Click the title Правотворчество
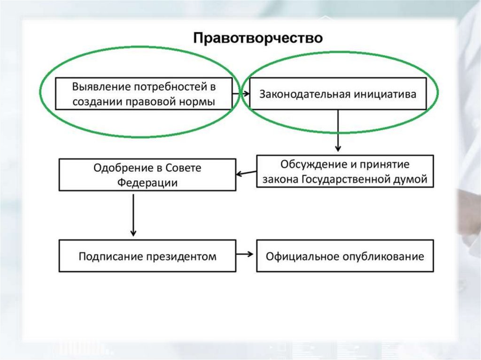[x=258, y=38]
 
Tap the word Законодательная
[x=297, y=94]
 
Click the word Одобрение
[x=121, y=168]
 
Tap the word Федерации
[x=147, y=183]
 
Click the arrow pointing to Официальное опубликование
[x=246, y=254]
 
